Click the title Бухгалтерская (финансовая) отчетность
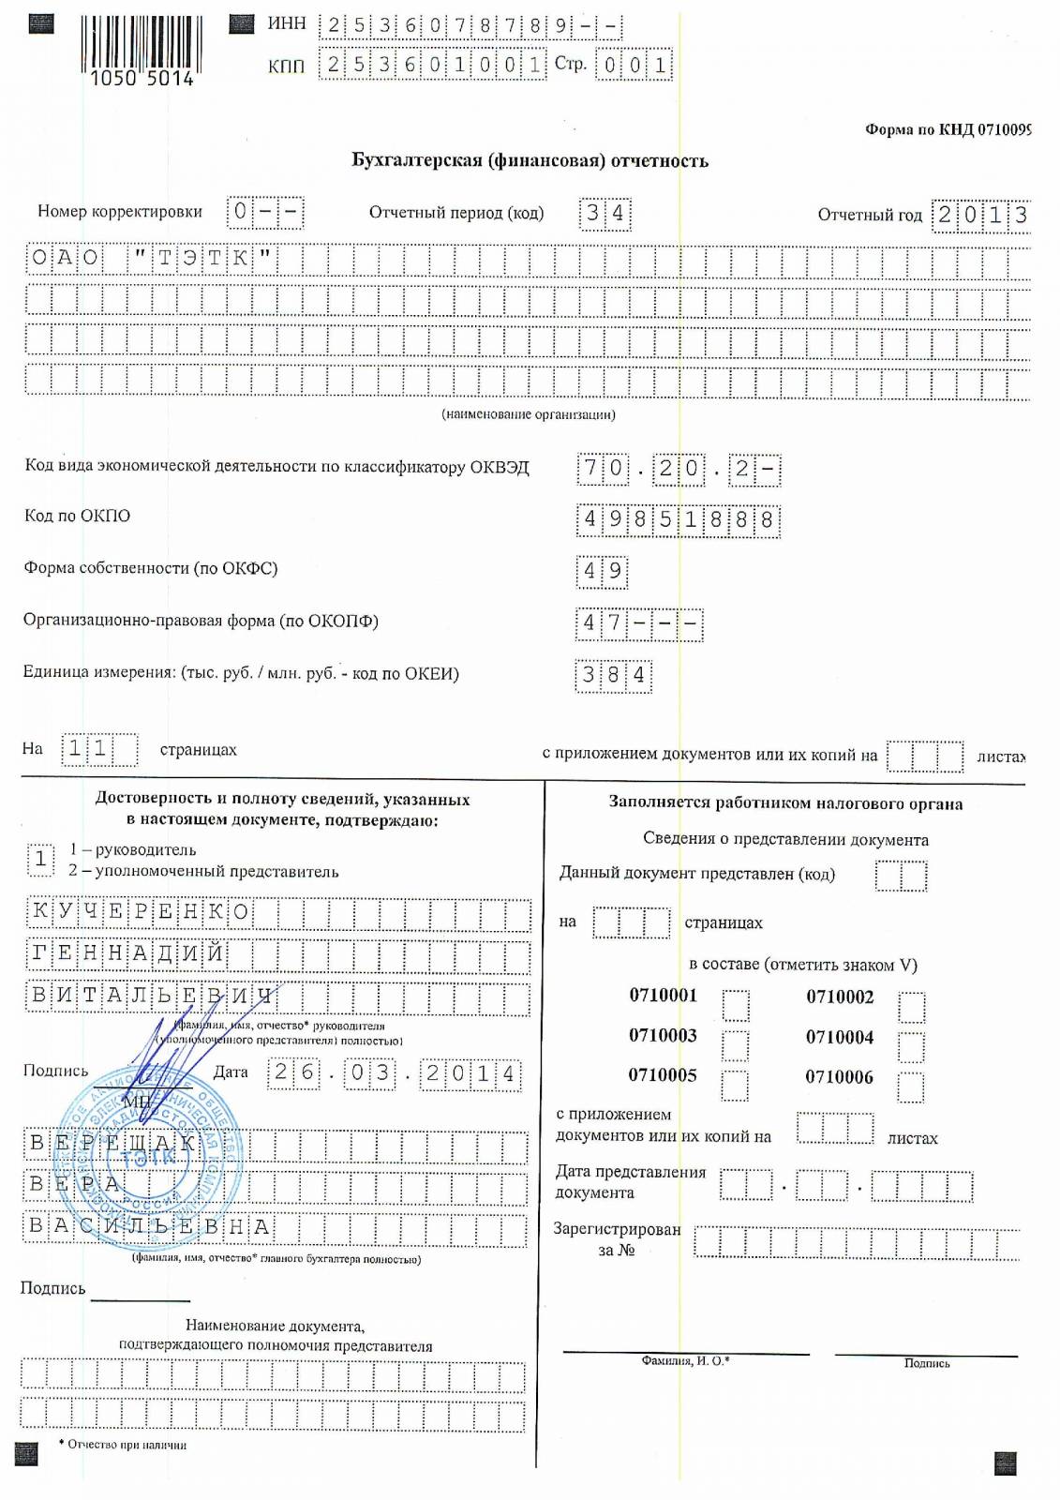pyautogui.click(x=530, y=160)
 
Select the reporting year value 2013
pyautogui.click(x=981, y=215)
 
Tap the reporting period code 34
pyautogui.click(x=605, y=213)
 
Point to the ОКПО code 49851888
pyautogui.click(x=678, y=519)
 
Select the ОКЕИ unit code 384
pyautogui.click(x=614, y=675)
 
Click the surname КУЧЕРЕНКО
pyautogui.click(x=141, y=912)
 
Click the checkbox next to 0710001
pyautogui.click(x=736, y=1005)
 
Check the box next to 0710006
pyautogui.click(x=910, y=1087)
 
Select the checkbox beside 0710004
pyautogui.click(x=911, y=1046)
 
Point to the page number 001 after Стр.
pyautogui.click(x=635, y=65)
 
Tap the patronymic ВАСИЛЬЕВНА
pyautogui.click(x=150, y=1226)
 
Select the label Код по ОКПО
pyautogui.click(x=78, y=516)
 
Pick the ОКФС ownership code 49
pyautogui.click(x=602, y=571)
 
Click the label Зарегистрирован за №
pyautogui.click(x=617, y=1238)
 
